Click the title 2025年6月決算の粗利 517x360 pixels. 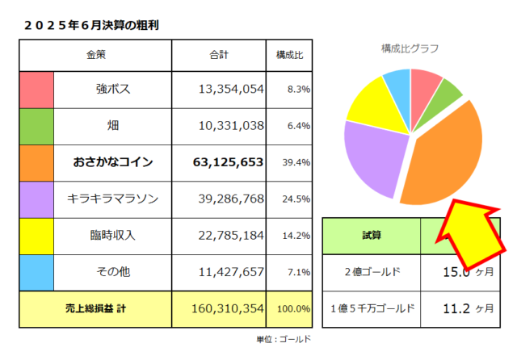tap(90, 25)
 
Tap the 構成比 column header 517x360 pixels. tap(289, 55)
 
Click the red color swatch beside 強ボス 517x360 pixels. tap(36, 89)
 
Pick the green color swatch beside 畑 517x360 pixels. tap(36, 125)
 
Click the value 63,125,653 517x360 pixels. tap(229, 162)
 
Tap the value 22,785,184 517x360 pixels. tap(231, 236)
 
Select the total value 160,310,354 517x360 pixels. tap(229, 308)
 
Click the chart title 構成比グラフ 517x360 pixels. tap(410, 48)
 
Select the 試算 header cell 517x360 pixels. tap(371, 236)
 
